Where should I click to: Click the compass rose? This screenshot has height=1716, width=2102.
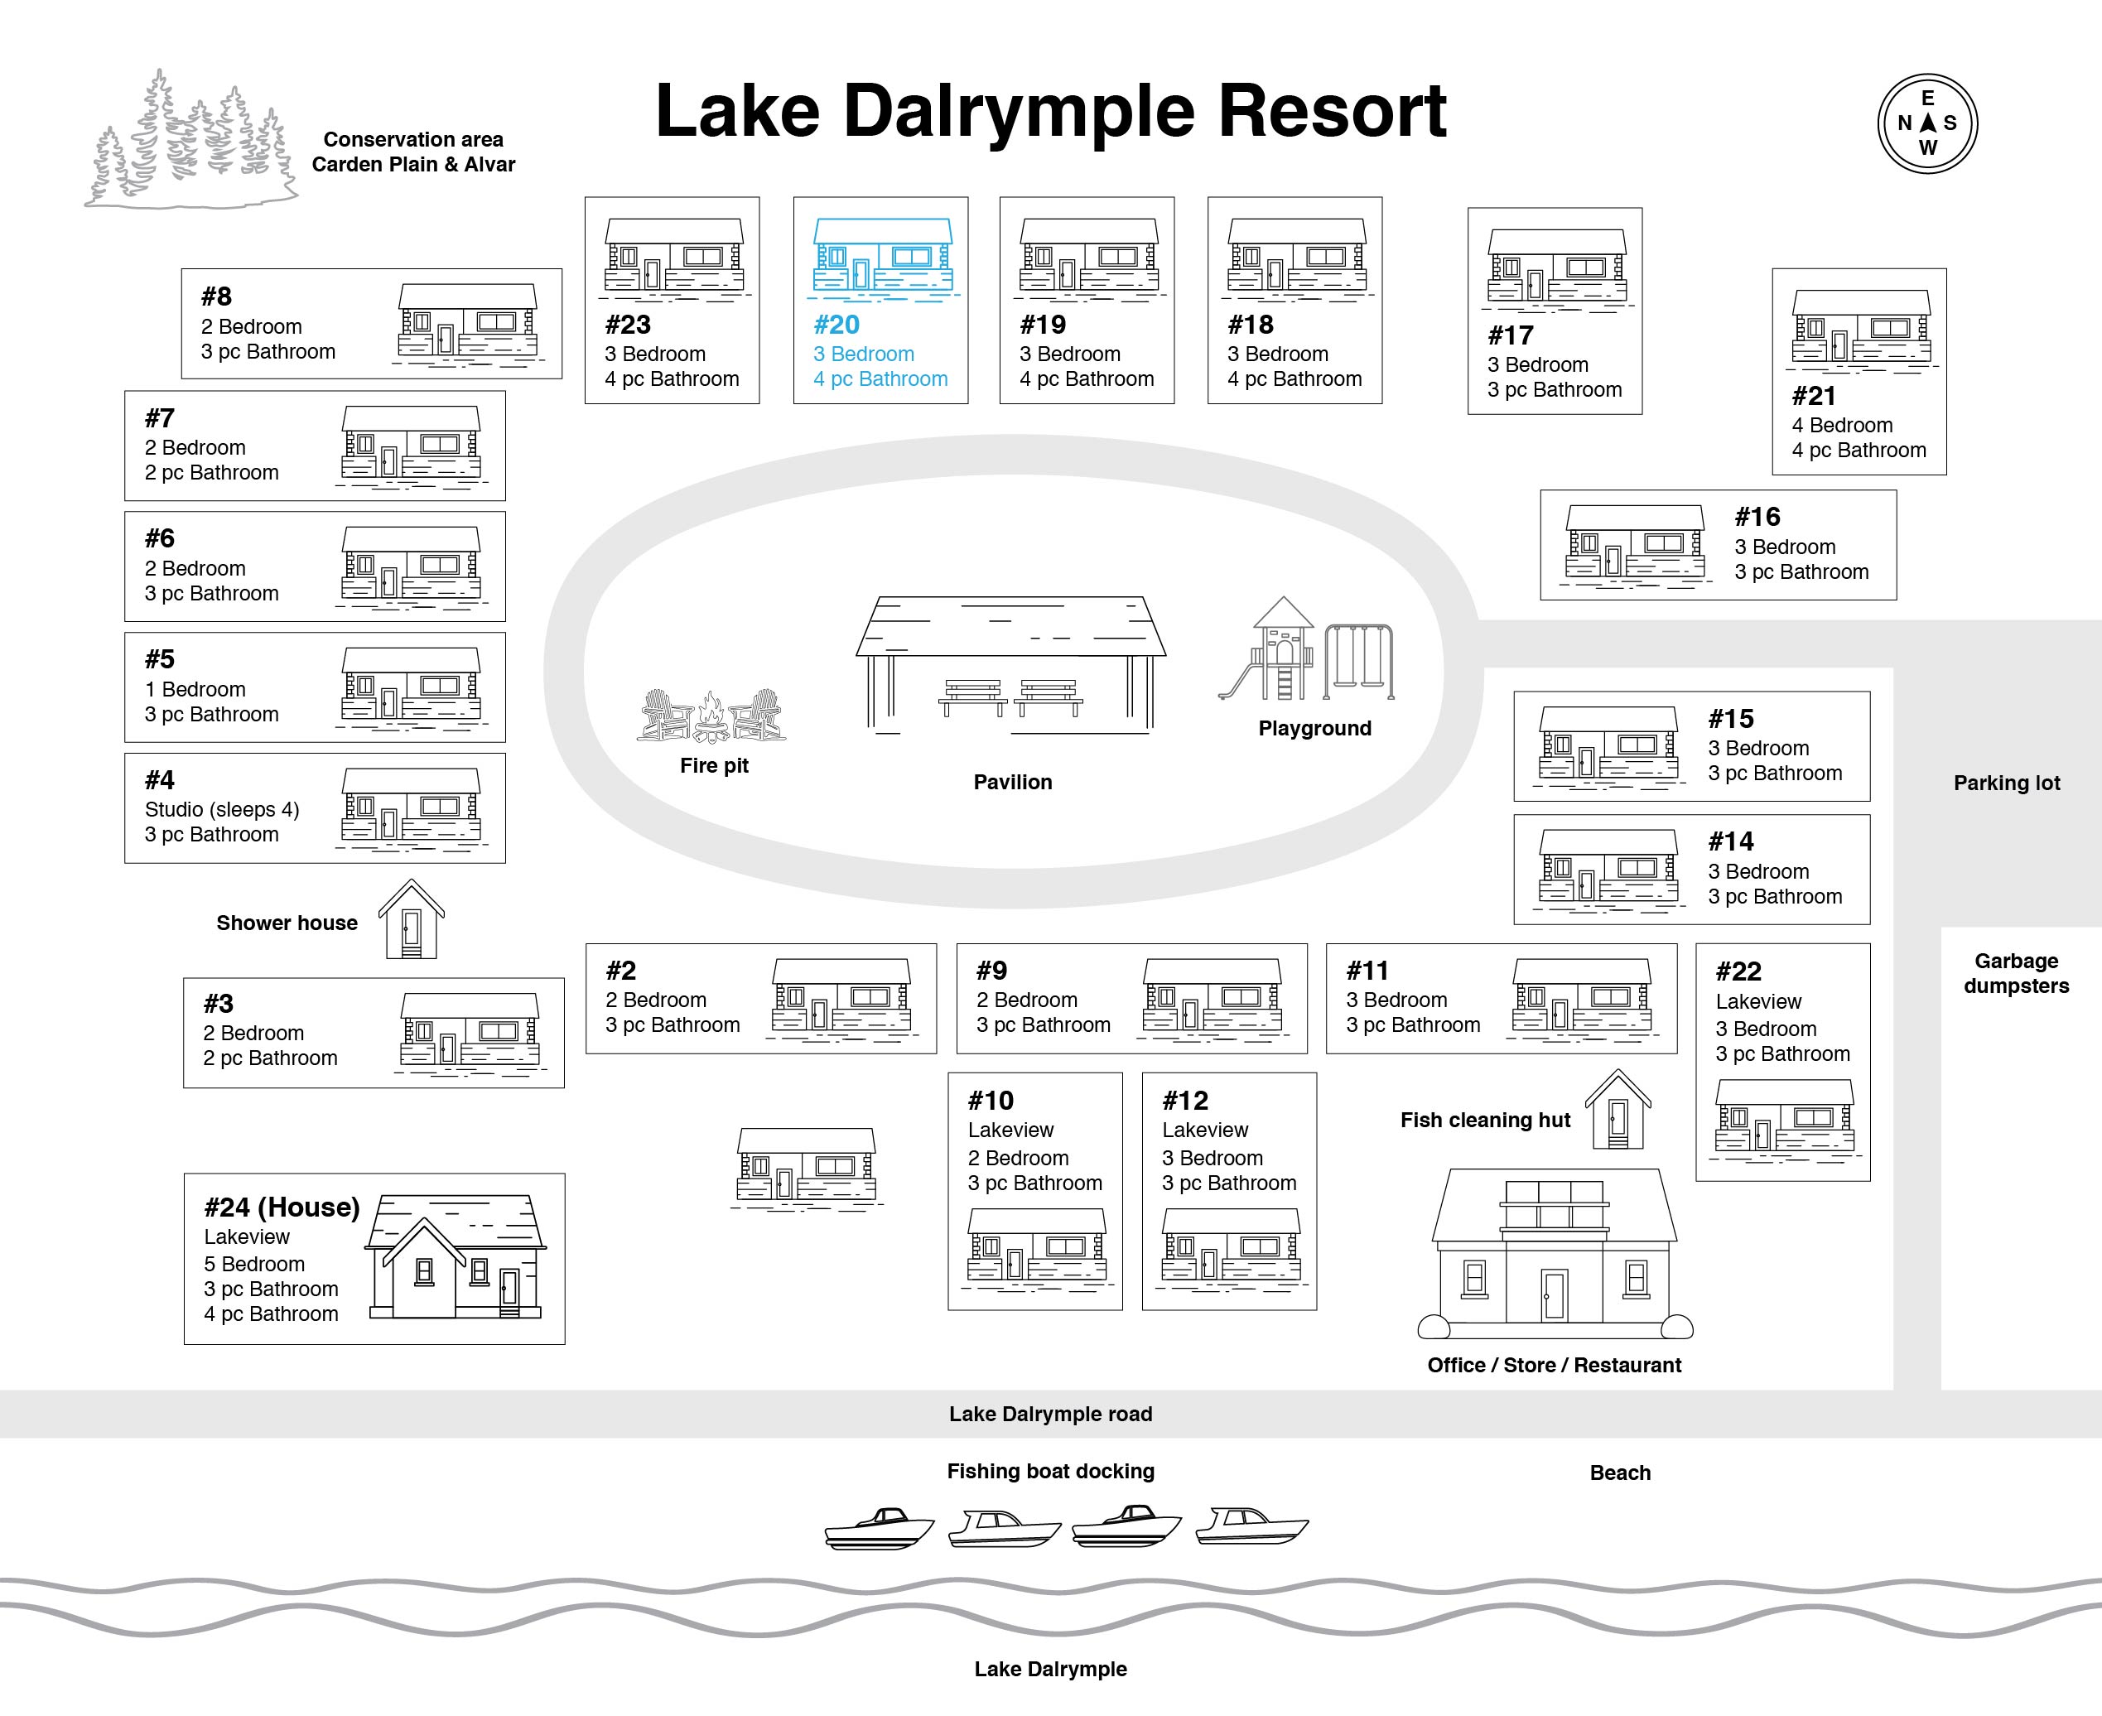pos(1927,123)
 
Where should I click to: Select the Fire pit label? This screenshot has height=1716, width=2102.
pos(714,765)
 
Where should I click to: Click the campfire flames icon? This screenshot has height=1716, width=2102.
pos(710,716)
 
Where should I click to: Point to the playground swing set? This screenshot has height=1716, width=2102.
pos(1359,660)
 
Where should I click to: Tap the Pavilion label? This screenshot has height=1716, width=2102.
pos(1012,782)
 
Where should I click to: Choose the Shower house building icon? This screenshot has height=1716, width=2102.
pos(411,918)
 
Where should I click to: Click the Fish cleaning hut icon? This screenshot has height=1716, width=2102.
pos(1617,1108)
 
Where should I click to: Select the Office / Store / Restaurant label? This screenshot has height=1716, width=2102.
pos(1554,1365)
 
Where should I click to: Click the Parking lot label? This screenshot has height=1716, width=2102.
pos(2006,783)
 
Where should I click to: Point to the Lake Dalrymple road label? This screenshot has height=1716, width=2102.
pos(1050,1414)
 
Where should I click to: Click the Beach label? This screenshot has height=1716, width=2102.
pos(1620,1472)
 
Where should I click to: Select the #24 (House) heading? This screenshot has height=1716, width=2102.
pos(282,1207)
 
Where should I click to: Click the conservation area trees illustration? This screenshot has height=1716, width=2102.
pos(190,138)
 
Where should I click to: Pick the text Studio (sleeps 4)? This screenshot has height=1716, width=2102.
pos(221,810)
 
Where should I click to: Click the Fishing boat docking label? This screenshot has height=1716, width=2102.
pos(1050,1471)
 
